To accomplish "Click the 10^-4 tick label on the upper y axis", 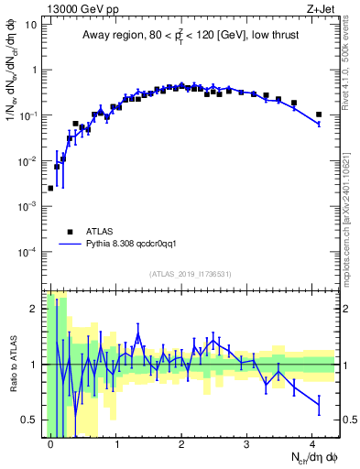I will click(28, 251).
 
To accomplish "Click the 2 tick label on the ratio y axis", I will click(32, 309).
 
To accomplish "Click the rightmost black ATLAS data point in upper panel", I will click(319, 115).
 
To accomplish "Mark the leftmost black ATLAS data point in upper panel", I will click(50, 188).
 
